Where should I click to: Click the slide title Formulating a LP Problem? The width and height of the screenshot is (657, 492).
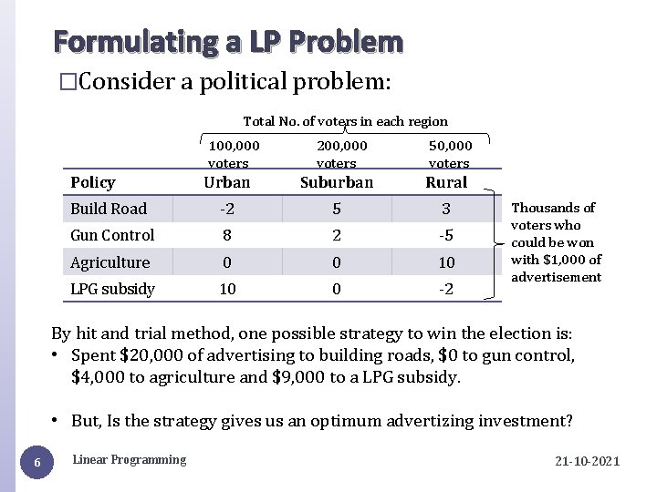click(228, 42)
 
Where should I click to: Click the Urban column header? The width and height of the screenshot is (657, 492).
click(227, 182)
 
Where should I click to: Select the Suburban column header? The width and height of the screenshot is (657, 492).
click(337, 182)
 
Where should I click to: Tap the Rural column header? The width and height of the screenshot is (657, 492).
click(446, 182)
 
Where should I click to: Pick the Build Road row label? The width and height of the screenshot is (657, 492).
click(109, 209)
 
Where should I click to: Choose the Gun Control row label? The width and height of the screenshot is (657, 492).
click(112, 235)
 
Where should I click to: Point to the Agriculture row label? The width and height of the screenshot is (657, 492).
click(109, 262)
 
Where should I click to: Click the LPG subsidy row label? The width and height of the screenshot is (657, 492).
click(112, 289)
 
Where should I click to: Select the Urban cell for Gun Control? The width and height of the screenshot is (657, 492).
click(227, 235)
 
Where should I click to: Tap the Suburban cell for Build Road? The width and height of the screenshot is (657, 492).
click(337, 209)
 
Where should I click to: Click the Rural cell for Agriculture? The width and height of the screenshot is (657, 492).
click(446, 262)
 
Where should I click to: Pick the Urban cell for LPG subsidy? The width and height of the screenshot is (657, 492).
click(227, 289)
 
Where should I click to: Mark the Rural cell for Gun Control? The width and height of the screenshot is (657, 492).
click(446, 235)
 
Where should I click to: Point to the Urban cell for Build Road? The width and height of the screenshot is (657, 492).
click(227, 209)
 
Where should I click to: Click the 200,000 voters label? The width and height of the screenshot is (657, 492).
click(341, 154)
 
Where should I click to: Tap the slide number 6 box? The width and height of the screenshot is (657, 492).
click(36, 464)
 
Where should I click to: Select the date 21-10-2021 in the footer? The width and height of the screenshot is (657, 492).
click(587, 461)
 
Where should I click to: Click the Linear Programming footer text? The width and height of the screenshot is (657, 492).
click(129, 459)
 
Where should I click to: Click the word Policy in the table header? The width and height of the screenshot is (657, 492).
click(93, 183)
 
